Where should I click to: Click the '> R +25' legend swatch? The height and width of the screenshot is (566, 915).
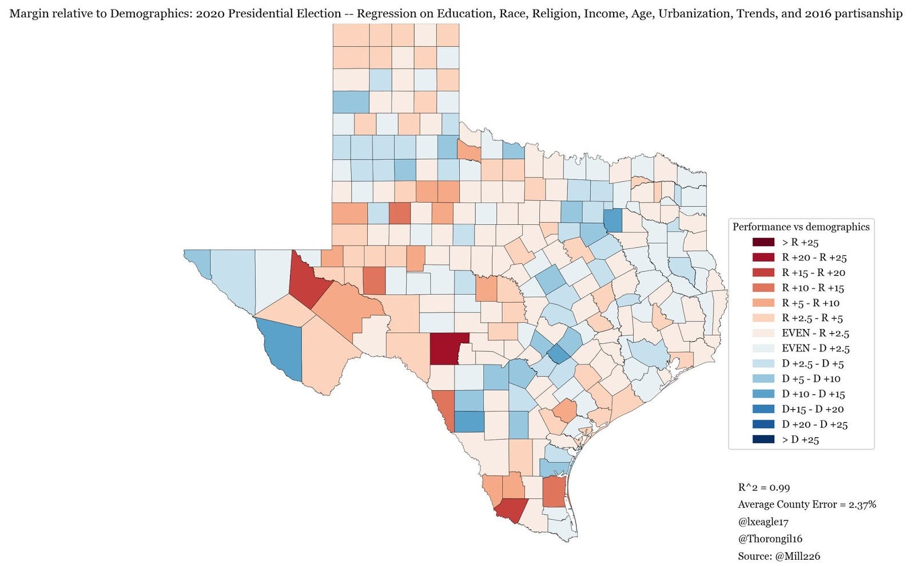click(x=763, y=243)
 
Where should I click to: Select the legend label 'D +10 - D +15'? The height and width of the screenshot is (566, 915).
click(x=813, y=394)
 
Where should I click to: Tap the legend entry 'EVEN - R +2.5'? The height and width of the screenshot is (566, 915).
click(x=815, y=333)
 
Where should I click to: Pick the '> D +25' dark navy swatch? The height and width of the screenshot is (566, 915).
click(x=763, y=440)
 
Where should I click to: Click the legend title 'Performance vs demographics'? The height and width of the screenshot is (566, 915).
click(x=801, y=227)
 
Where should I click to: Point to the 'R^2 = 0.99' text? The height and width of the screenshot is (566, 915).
click(x=763, y=488)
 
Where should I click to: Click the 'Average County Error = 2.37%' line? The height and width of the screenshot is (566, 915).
click(x=806, y=504)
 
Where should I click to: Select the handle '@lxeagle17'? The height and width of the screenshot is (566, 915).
click(x=763, y=521)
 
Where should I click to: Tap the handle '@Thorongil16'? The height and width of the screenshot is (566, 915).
click(x=770, y=539)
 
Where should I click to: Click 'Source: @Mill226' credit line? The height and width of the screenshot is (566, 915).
click(x=779, y=556)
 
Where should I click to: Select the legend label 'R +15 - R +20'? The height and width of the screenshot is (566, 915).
click(x=813, y=273)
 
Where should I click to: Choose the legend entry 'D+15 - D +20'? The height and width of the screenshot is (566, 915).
click(x=813, y=409)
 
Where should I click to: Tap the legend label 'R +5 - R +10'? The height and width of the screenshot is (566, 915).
click(x=810, y=303)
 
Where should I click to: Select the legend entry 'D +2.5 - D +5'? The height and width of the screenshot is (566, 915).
click(x=813, y=364)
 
